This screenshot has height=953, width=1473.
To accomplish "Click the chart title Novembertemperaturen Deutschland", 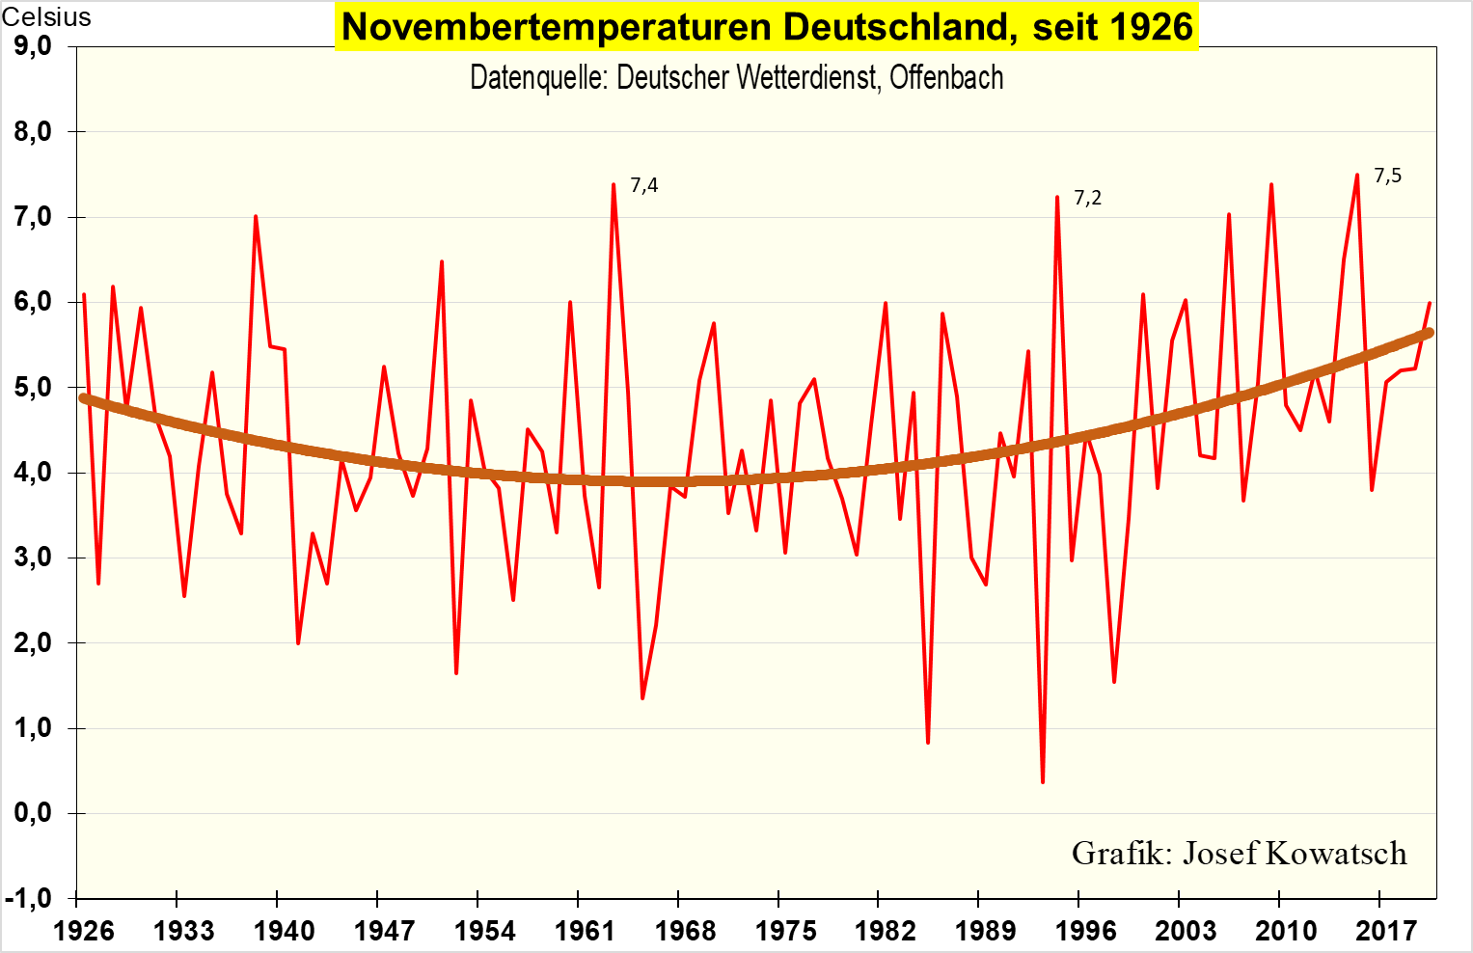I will coord(767,27).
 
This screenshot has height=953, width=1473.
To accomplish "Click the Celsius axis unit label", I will coord(46,16).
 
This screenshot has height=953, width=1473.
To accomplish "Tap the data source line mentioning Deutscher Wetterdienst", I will coord(736,77).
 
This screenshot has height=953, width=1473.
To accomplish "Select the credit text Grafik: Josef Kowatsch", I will coord(1239,853).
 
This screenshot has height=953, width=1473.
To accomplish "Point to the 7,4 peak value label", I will coord(644,185).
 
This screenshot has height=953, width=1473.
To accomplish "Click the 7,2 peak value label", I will coord(1087,198).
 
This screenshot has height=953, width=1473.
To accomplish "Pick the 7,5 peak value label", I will coord(1387,176).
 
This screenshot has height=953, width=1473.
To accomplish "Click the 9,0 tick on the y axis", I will coord(33,46).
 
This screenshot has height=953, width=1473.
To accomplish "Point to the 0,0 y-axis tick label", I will coord(33,813).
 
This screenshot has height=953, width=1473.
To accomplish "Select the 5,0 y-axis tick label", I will coord(33,388).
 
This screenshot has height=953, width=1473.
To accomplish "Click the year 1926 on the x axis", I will coord(83,930).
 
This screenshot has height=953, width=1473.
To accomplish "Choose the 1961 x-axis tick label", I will coord(585,930).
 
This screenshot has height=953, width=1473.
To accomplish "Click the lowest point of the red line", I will coord(1043,781).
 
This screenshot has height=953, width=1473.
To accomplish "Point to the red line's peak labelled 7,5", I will coord(1357,176).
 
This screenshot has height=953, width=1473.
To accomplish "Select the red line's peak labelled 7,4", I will coord(614,184).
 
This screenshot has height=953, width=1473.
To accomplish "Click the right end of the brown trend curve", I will coord(1429,333).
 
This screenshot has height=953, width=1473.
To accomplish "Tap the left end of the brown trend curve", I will coord(84,397).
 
